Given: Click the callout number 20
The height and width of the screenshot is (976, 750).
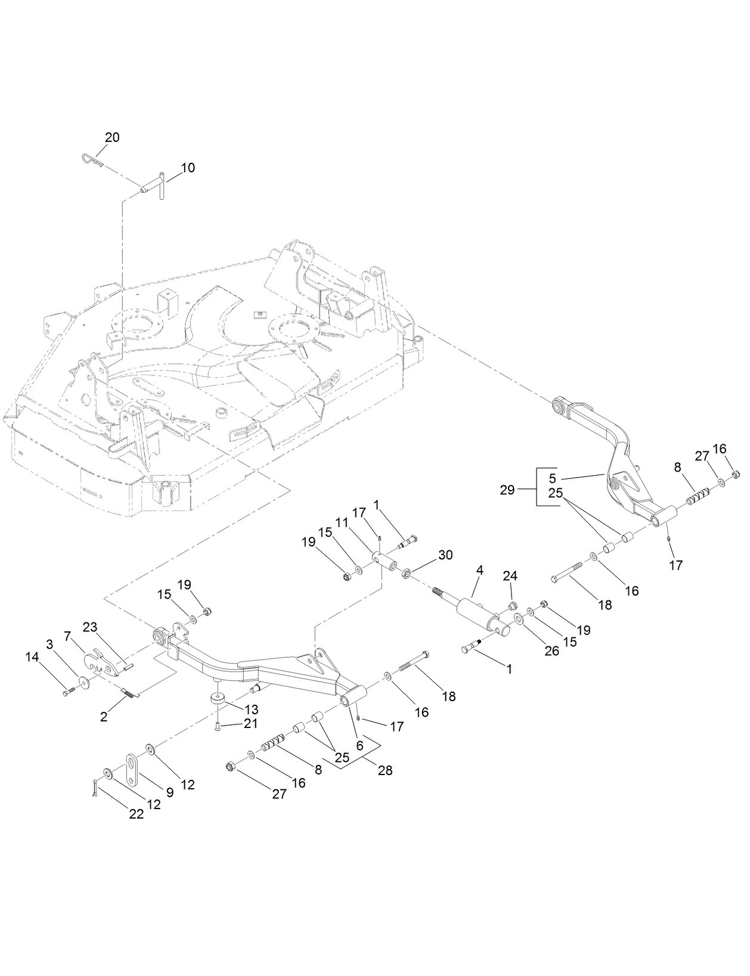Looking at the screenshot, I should pyautogui.click(x=112, y=138).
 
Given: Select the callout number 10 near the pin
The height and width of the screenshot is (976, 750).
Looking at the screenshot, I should pyautogui.click(x=187, y=168).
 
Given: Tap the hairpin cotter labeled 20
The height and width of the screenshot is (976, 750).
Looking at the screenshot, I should pyautogui.click(x=91, y=160).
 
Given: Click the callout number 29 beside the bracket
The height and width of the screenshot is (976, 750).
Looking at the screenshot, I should pyautogui.click(x=507, y=489).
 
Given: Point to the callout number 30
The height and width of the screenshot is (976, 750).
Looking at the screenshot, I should pyautogui.click(x=445, y=555).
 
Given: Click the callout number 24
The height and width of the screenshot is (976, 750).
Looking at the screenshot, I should pyautogui.click(x=510, y=576).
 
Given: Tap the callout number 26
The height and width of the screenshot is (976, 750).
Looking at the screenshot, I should pyautogui.click(x=552, y=650).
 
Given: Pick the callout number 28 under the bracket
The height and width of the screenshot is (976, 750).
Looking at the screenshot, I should pyautogui.click(x=385, y=770).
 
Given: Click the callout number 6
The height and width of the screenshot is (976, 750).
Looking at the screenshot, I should pyautogui.click(x=359, y=745).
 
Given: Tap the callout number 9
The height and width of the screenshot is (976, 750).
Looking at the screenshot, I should pyautogui.click(x=169, y=792).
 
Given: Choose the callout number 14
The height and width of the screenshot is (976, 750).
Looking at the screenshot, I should pyautogui.click(x=32, y=656).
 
